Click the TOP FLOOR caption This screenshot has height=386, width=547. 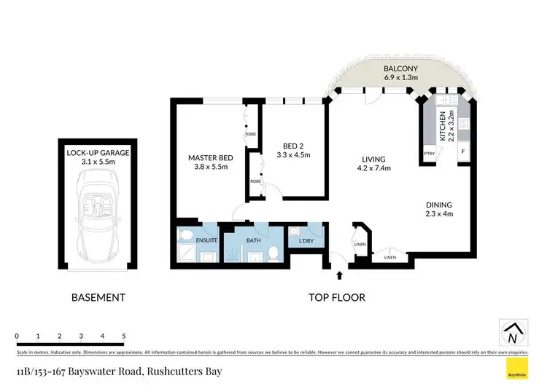(336, 297)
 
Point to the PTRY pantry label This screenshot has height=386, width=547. (430, 154)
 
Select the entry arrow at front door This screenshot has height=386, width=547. (340, 275)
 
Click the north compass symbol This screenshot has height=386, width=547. (513, 333)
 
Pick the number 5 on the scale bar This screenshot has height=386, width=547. (124, 336)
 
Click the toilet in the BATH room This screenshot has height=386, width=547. (272, 252)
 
